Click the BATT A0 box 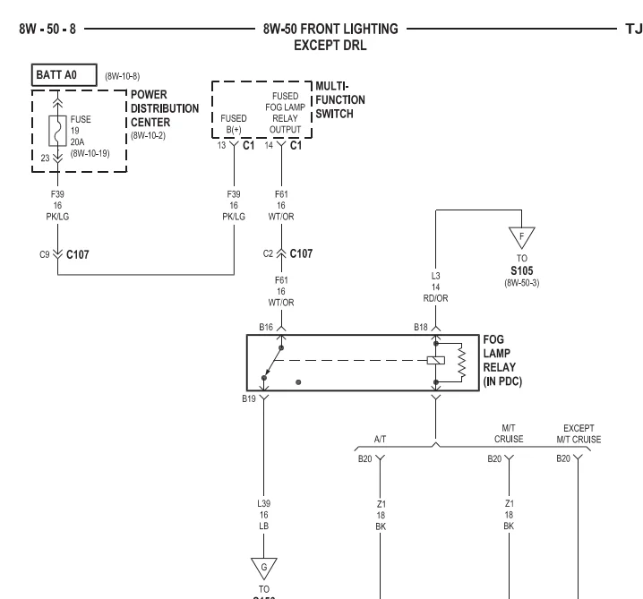coord(64,75)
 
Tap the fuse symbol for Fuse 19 coord(57,131)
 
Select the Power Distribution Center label coord(165,108)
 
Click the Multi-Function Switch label coord(340,99)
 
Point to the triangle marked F coord(521,237)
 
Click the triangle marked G coord(263,569)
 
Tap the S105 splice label coord(521,270)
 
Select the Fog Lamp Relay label coord(502,360)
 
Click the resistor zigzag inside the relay coord(462,363)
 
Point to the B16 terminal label coord(266,327)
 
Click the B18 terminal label coord(421,327)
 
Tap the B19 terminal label coord(248,398)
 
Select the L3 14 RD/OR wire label coord(435,287)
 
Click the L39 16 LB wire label coord(263,515)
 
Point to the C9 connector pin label coord(44,254)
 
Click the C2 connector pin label coord(268,253)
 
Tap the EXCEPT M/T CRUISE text coord(579,433)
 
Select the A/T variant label coord(380,439)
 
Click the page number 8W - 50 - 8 coord(47,30)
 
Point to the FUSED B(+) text coord(234,124)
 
